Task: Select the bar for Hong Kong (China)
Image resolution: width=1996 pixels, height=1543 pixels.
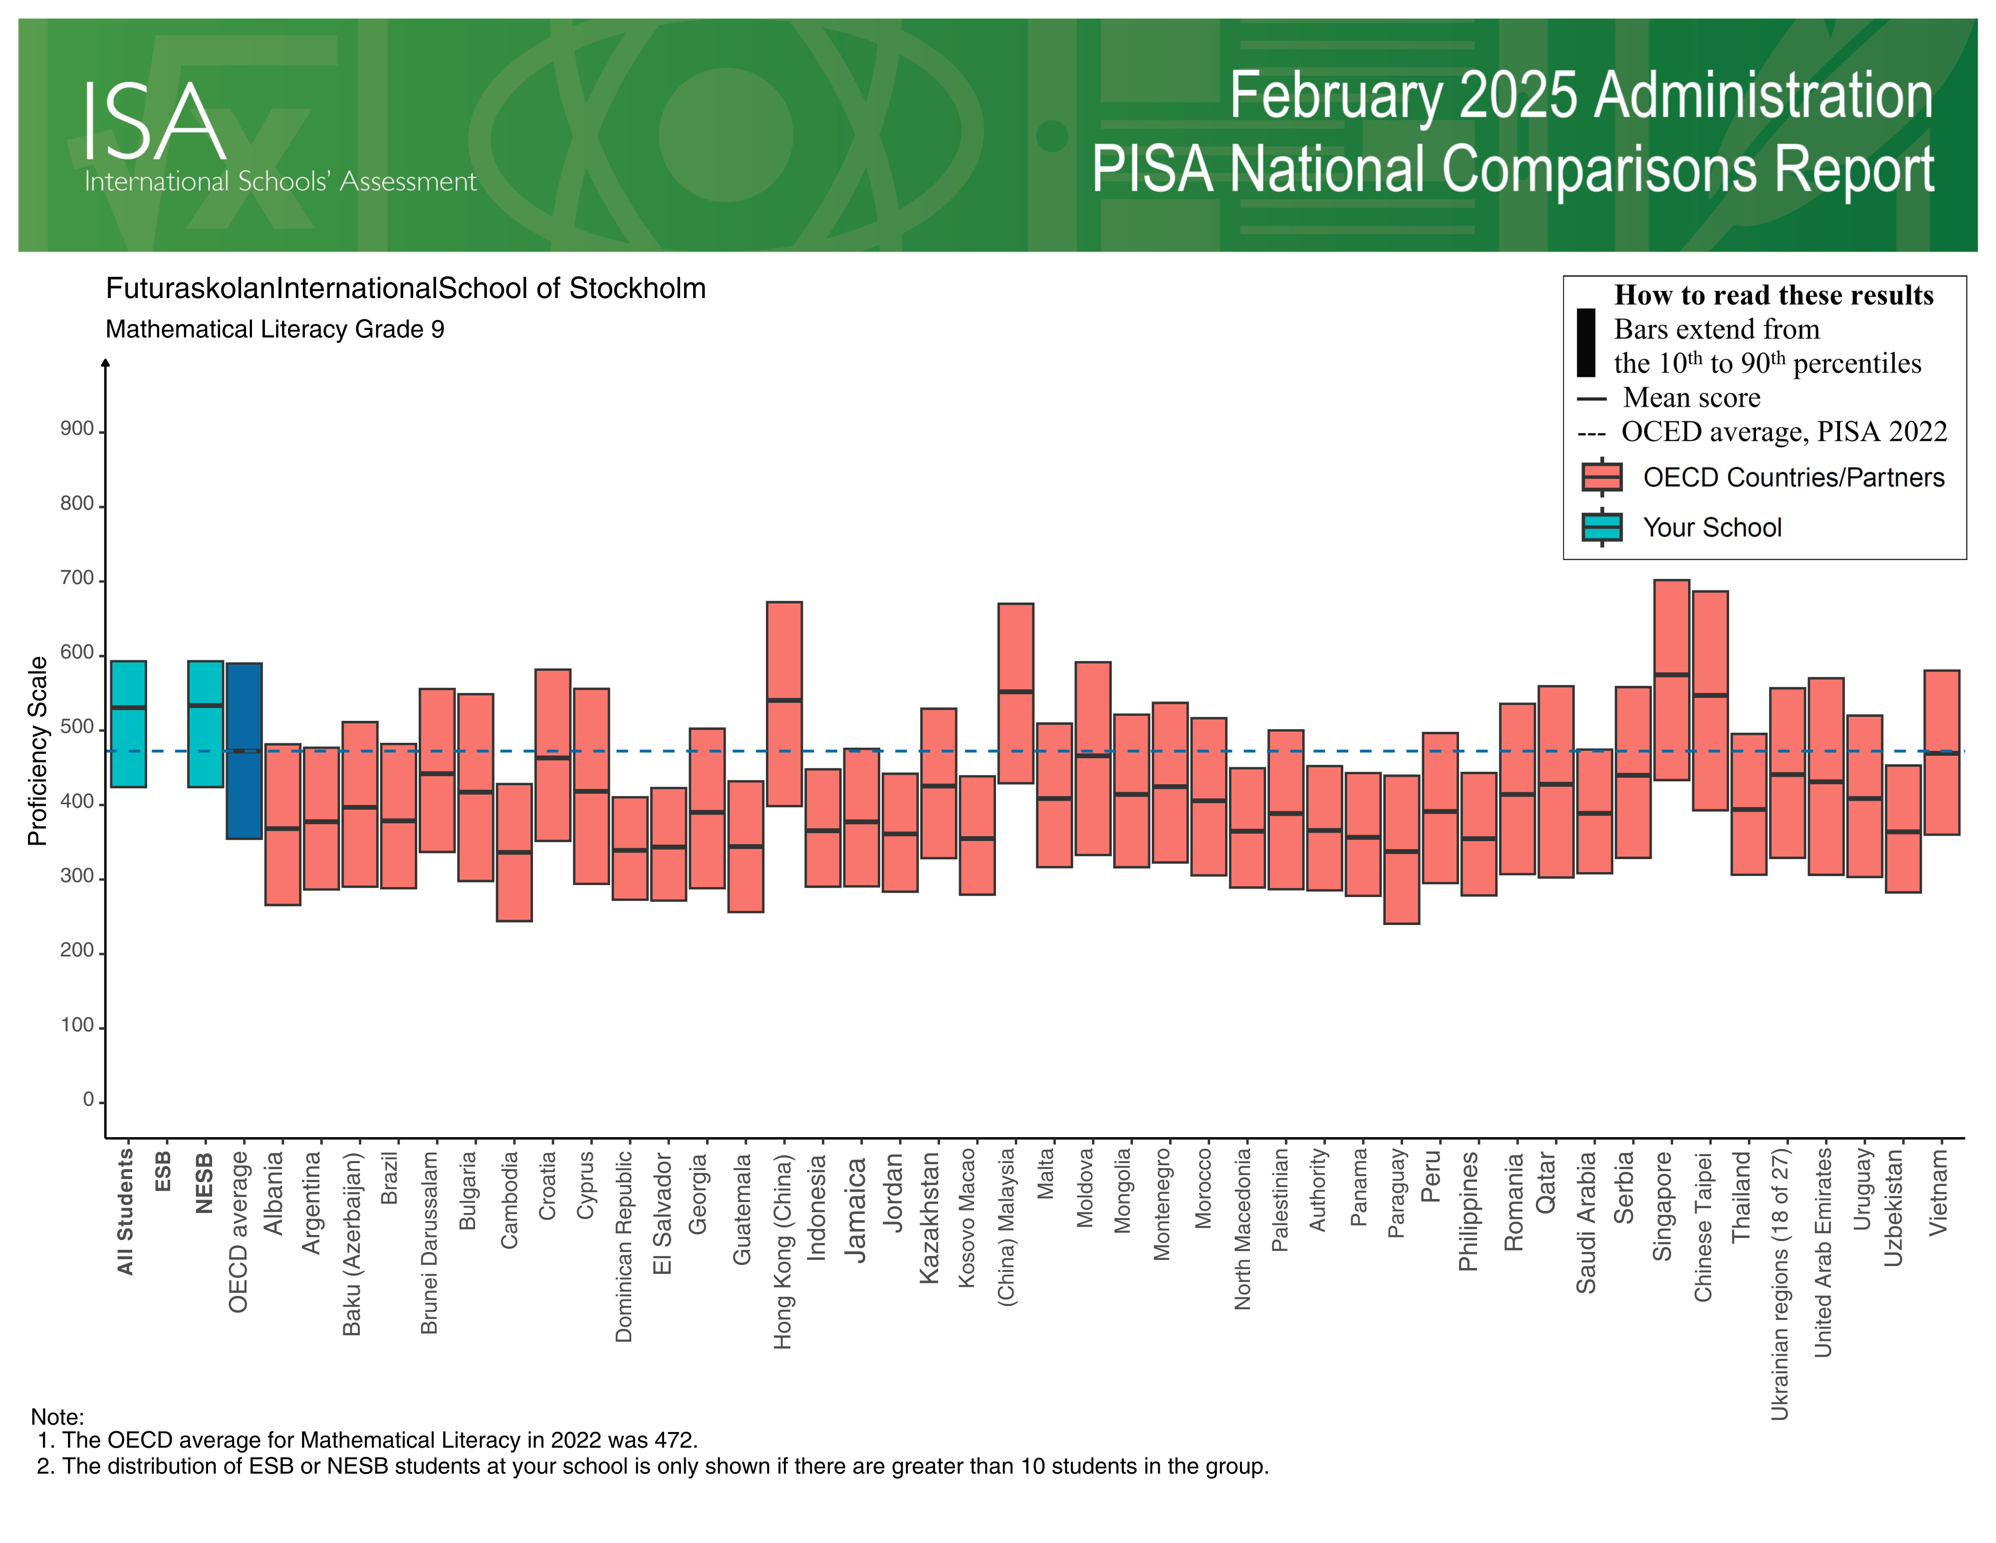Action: coord(784,704)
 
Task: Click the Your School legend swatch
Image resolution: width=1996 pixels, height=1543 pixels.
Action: coord(1601,528)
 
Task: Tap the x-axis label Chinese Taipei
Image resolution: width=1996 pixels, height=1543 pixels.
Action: coord(1703,1227)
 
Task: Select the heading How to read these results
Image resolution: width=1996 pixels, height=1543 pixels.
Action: coord(1773,295)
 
